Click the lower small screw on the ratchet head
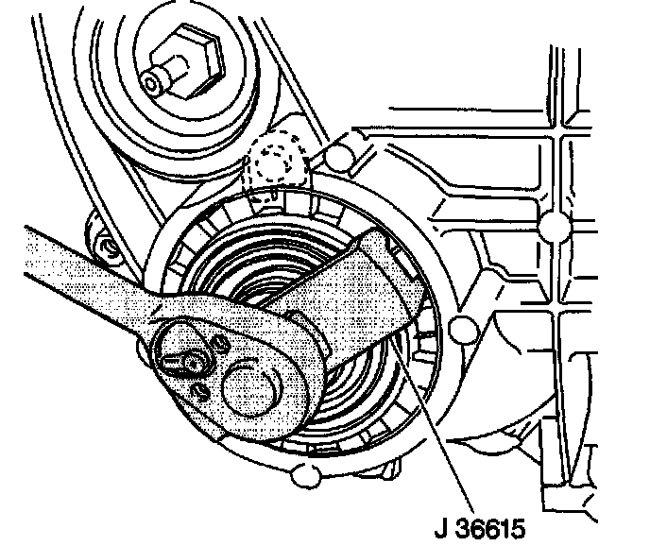point(200,389)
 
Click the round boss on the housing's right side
point(462,329)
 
